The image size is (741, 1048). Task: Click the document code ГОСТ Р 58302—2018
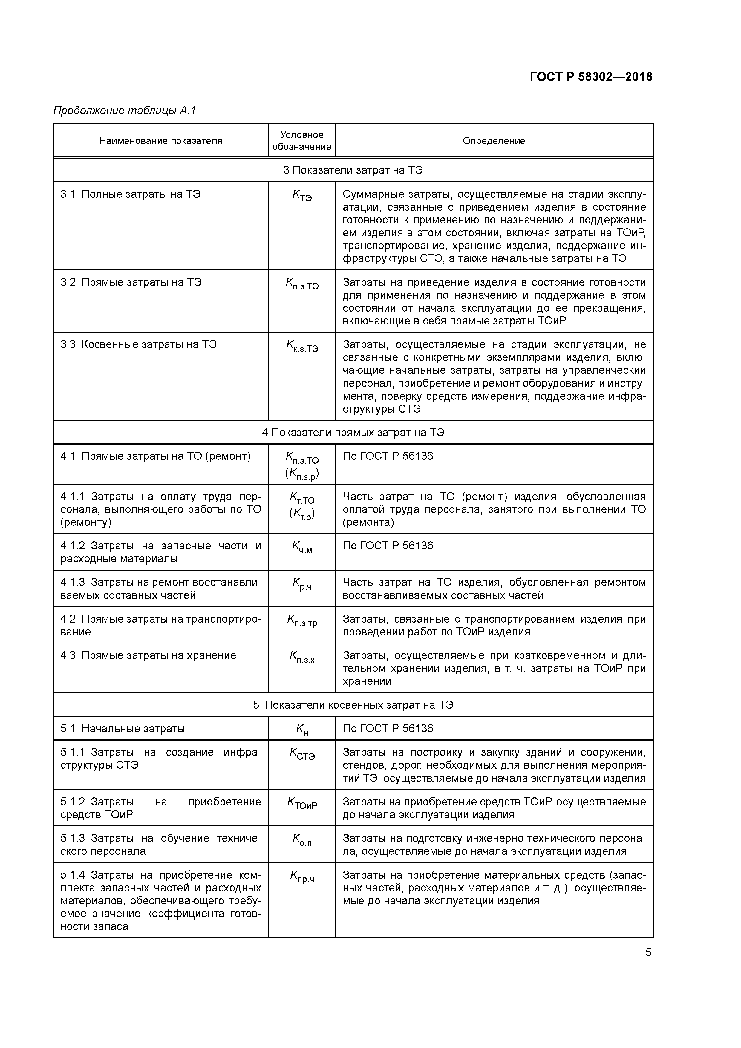[x=591, y=77]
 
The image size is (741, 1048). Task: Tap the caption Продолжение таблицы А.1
[x=125, y=111]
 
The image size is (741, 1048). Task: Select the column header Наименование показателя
[x=161, y=141]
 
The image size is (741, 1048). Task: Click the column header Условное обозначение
[x=301, y=141]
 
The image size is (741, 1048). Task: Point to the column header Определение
[x=494, y=141]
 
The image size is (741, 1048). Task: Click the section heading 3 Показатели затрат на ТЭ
[x=353, y=170]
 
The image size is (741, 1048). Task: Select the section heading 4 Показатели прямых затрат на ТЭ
[x=353, y=432]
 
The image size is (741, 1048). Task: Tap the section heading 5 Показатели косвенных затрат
[x=353, y=705]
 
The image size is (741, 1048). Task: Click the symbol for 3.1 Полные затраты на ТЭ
[x=302, y=196]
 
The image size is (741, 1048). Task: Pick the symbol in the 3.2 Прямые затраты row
[x=302, y=284]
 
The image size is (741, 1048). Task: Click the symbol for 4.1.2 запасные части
[x=302, y=547]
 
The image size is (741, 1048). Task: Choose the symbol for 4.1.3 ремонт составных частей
[x=302, y=584]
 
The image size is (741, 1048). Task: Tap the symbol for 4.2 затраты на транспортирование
[x=302, y=620]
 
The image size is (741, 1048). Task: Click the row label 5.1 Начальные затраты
[x=123, y=728]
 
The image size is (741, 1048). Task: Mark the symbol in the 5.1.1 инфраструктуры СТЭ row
[x=302, y=754]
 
